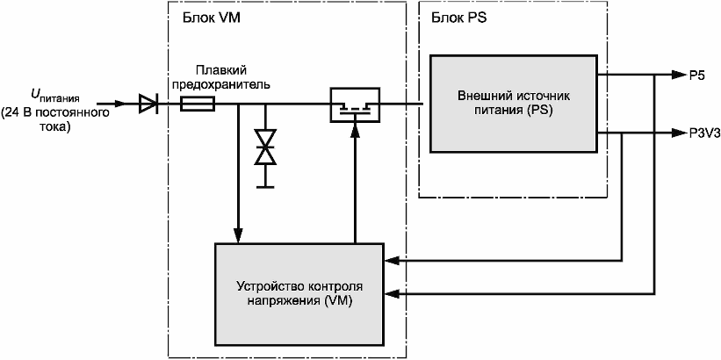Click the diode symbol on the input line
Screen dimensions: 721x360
(148, 104)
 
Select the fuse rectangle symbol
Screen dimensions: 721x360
(198, 104)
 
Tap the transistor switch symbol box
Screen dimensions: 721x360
(356, 104)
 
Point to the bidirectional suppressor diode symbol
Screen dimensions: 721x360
(265, 148)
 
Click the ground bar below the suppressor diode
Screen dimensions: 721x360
(265, 187)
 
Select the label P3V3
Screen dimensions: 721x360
(704, 133)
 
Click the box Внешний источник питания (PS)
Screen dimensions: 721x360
(514, 104)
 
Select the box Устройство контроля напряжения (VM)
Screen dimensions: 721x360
(299, 294)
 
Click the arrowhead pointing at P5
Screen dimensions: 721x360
(678, 75)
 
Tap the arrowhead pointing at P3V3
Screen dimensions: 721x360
(678, 133)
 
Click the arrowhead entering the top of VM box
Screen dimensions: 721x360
(238, 235)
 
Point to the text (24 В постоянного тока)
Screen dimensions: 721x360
(55, 120)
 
